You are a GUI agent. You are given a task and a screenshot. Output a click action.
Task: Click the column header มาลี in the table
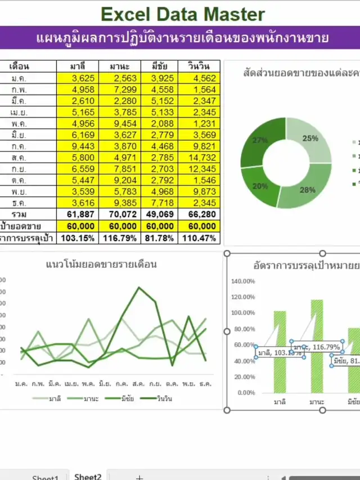click(77, 66)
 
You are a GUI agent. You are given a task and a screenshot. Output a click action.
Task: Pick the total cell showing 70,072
click(117, 214)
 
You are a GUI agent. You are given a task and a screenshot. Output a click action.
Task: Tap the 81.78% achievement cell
click(157, 238)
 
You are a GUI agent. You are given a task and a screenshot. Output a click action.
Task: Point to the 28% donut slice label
click(307, 190)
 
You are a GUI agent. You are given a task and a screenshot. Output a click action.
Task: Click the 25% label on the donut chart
click(310, 138)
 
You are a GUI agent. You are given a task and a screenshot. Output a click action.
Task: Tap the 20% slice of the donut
click(260, 186)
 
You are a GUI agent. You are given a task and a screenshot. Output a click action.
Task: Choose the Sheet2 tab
click(88, 476)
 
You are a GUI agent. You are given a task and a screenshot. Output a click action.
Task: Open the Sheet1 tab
click(45, 477)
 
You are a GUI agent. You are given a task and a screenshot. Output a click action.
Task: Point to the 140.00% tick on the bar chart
click(243, 281)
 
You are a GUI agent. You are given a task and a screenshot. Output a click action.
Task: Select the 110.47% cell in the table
click(197, 238)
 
